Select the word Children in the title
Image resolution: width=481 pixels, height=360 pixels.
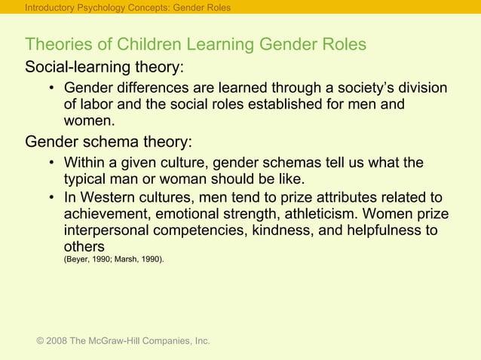pos(152,44)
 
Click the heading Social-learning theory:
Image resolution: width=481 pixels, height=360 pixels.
pos(104,67)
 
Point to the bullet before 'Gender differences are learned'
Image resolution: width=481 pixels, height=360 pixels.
pos(51,89)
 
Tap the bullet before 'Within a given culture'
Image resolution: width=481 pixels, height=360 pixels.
pos(51,163)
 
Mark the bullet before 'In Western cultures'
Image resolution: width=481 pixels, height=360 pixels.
pos(51,198)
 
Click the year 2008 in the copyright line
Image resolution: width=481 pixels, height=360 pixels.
pos(57,341)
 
